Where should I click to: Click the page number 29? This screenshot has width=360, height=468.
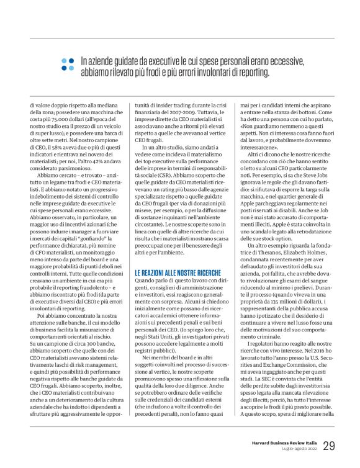(328, 445)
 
